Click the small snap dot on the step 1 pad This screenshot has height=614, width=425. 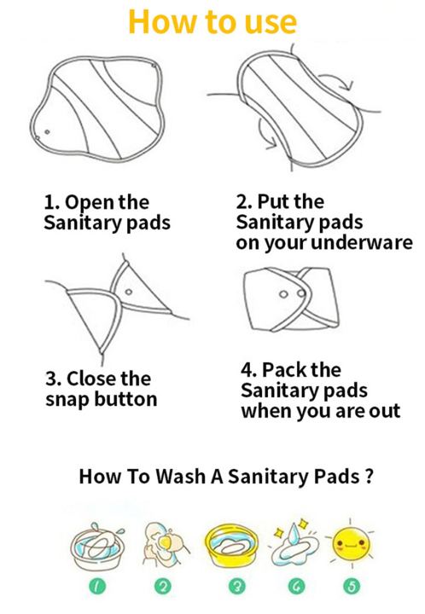coord(46,132)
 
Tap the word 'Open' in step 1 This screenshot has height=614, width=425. coord(90,203)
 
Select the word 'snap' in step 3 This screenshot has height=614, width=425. coord(66,399)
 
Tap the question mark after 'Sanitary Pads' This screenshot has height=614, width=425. coord(368,475)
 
